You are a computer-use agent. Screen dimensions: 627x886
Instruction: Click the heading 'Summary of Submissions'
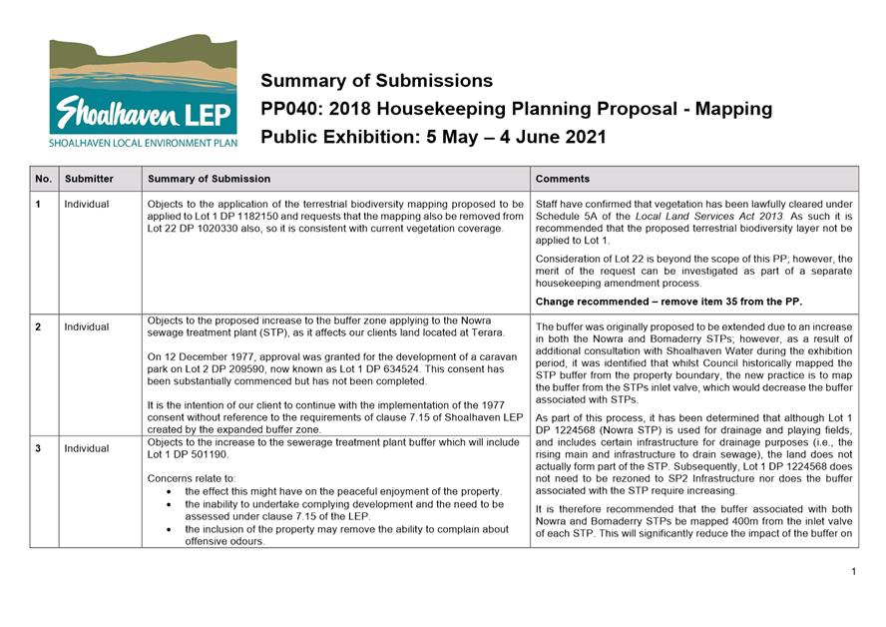(376, 81)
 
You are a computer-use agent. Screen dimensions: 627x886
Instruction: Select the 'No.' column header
(43, 179)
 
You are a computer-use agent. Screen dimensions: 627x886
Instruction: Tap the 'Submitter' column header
(89, 179)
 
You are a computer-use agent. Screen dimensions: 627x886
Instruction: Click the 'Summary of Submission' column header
(209, 179)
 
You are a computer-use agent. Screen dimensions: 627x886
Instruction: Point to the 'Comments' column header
(563, 179)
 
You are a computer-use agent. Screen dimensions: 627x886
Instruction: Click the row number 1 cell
(38, 204)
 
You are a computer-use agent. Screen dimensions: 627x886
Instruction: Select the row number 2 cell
(38, 326)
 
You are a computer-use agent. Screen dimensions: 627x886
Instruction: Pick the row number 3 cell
(38, 448)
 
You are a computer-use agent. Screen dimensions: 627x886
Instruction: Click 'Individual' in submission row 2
(87, 326)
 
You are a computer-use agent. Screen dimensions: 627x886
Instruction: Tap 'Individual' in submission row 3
(87, 448)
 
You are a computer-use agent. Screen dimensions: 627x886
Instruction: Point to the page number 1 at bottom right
(854, 571)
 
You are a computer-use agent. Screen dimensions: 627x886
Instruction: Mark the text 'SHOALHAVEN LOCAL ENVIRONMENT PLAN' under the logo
(143, 143)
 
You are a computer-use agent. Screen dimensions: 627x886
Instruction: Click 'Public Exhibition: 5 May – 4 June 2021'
(433, 137)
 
